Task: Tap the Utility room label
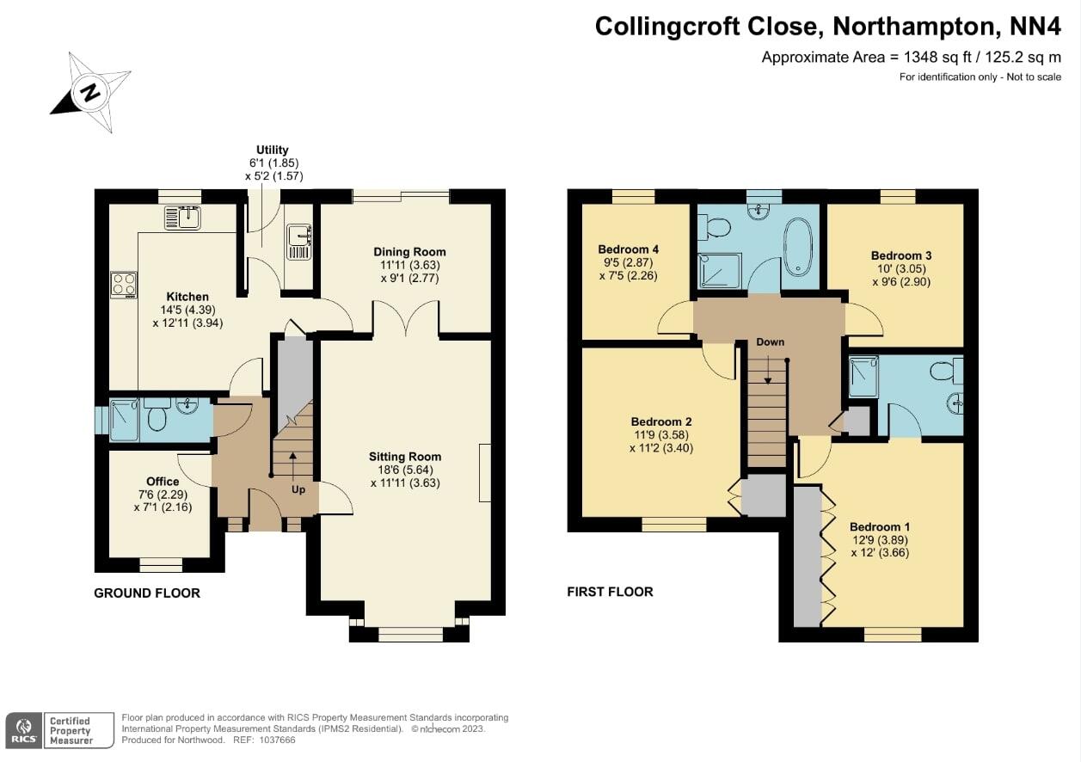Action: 273,150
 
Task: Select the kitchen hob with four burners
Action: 123,284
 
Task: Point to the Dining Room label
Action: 409,252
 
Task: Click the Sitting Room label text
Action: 405,457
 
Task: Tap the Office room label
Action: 163,482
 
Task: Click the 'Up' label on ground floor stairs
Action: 298,489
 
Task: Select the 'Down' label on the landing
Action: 770,342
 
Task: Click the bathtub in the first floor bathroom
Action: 799,246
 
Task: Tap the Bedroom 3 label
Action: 900,255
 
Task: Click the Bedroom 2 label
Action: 660,422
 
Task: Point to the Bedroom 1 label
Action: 879,527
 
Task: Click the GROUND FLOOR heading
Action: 147,593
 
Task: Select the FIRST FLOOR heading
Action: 610,592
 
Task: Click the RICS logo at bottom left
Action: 23,731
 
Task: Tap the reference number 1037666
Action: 277,740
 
